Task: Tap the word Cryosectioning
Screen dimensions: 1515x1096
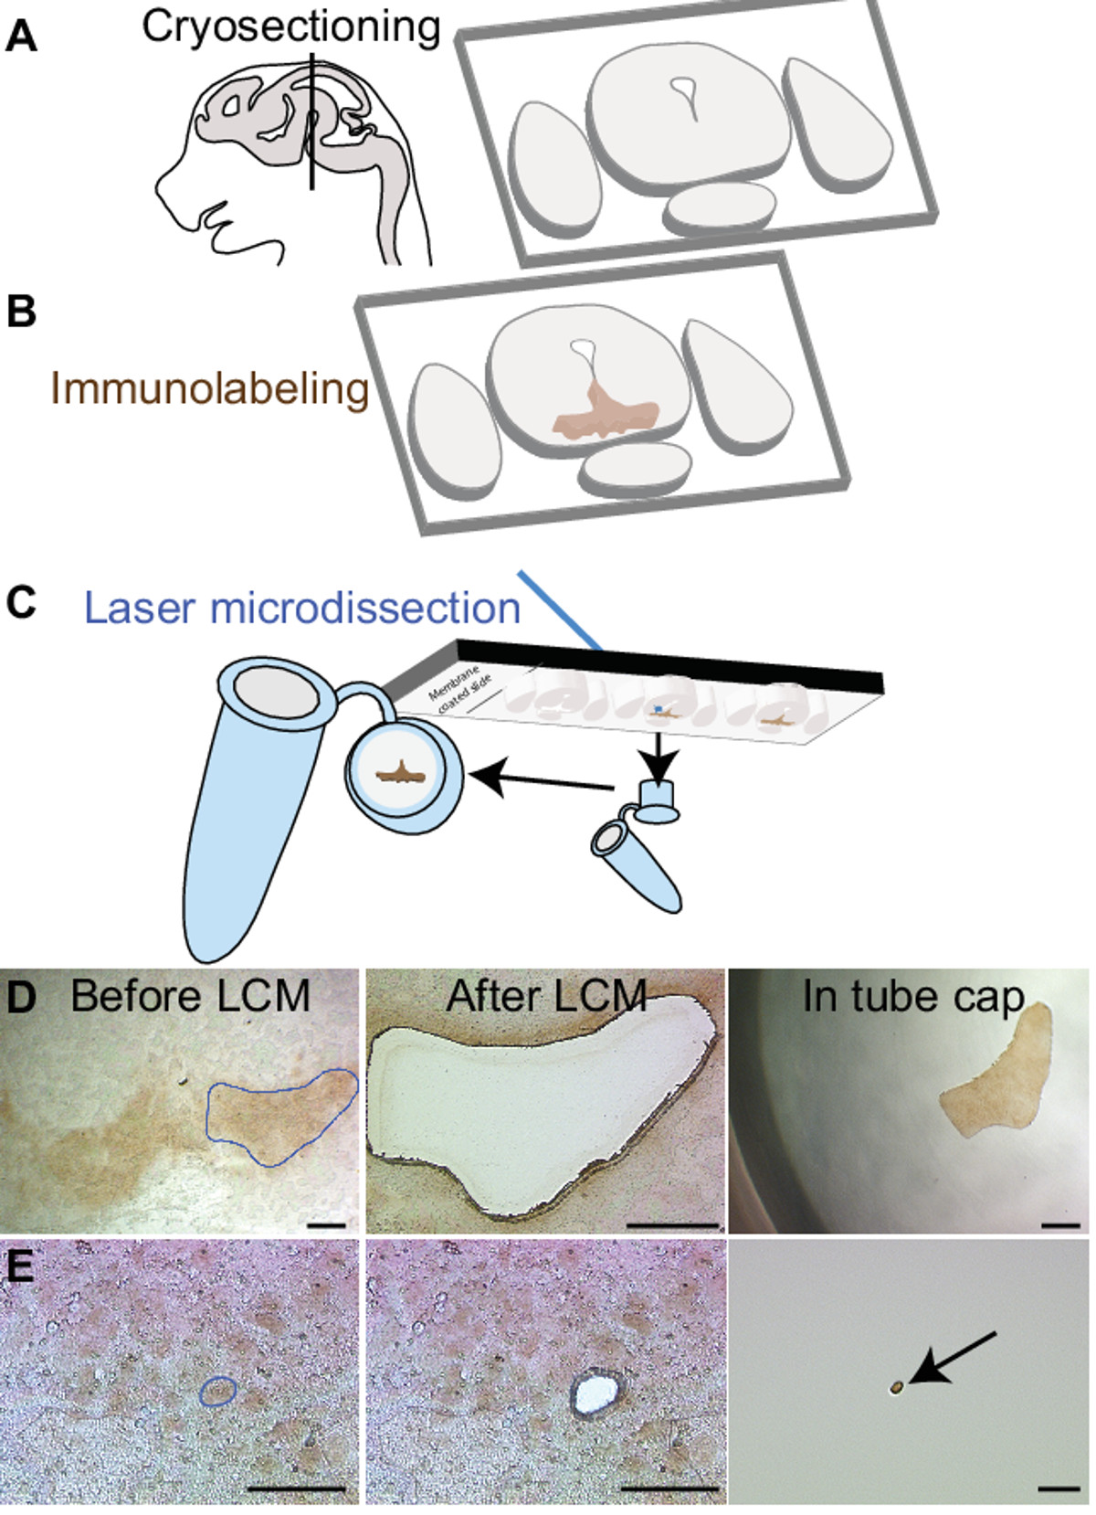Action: [290, 27]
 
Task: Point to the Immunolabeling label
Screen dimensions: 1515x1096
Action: [209, 388]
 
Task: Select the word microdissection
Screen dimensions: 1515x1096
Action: [364, 608]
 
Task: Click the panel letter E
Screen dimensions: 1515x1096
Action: [19, 1266]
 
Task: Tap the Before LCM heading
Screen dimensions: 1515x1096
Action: [190, 995]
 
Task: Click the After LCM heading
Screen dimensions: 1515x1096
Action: [546, 995]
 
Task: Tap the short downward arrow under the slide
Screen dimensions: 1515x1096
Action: [662, 750]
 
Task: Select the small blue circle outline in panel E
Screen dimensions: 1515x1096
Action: [218, 1390]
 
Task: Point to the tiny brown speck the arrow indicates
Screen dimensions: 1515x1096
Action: [896, 1389]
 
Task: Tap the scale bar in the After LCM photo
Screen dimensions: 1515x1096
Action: [674, 1223]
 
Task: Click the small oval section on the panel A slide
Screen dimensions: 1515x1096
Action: [721, 207]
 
